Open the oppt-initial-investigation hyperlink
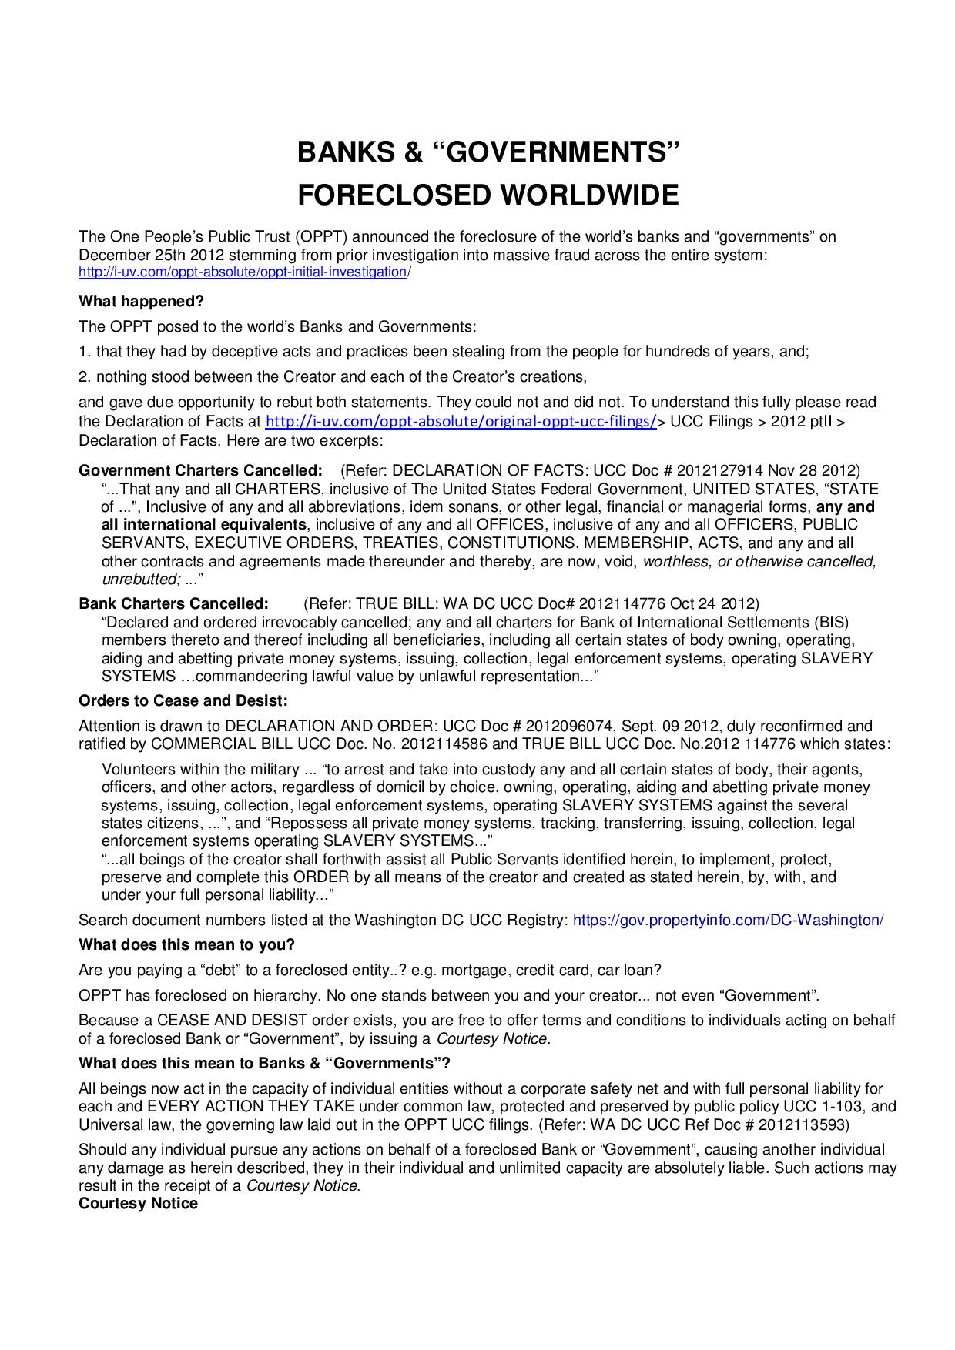coord(243,272)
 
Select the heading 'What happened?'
coord(141,301)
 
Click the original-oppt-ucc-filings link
coord(461,422)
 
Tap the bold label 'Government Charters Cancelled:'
coord(201,470)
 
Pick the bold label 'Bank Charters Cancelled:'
coord(174,603)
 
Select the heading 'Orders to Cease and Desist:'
coord(183,700)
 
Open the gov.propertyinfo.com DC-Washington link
coord(729,920)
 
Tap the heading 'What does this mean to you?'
coord(187,944)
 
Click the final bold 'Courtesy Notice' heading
coord(138,1203)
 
